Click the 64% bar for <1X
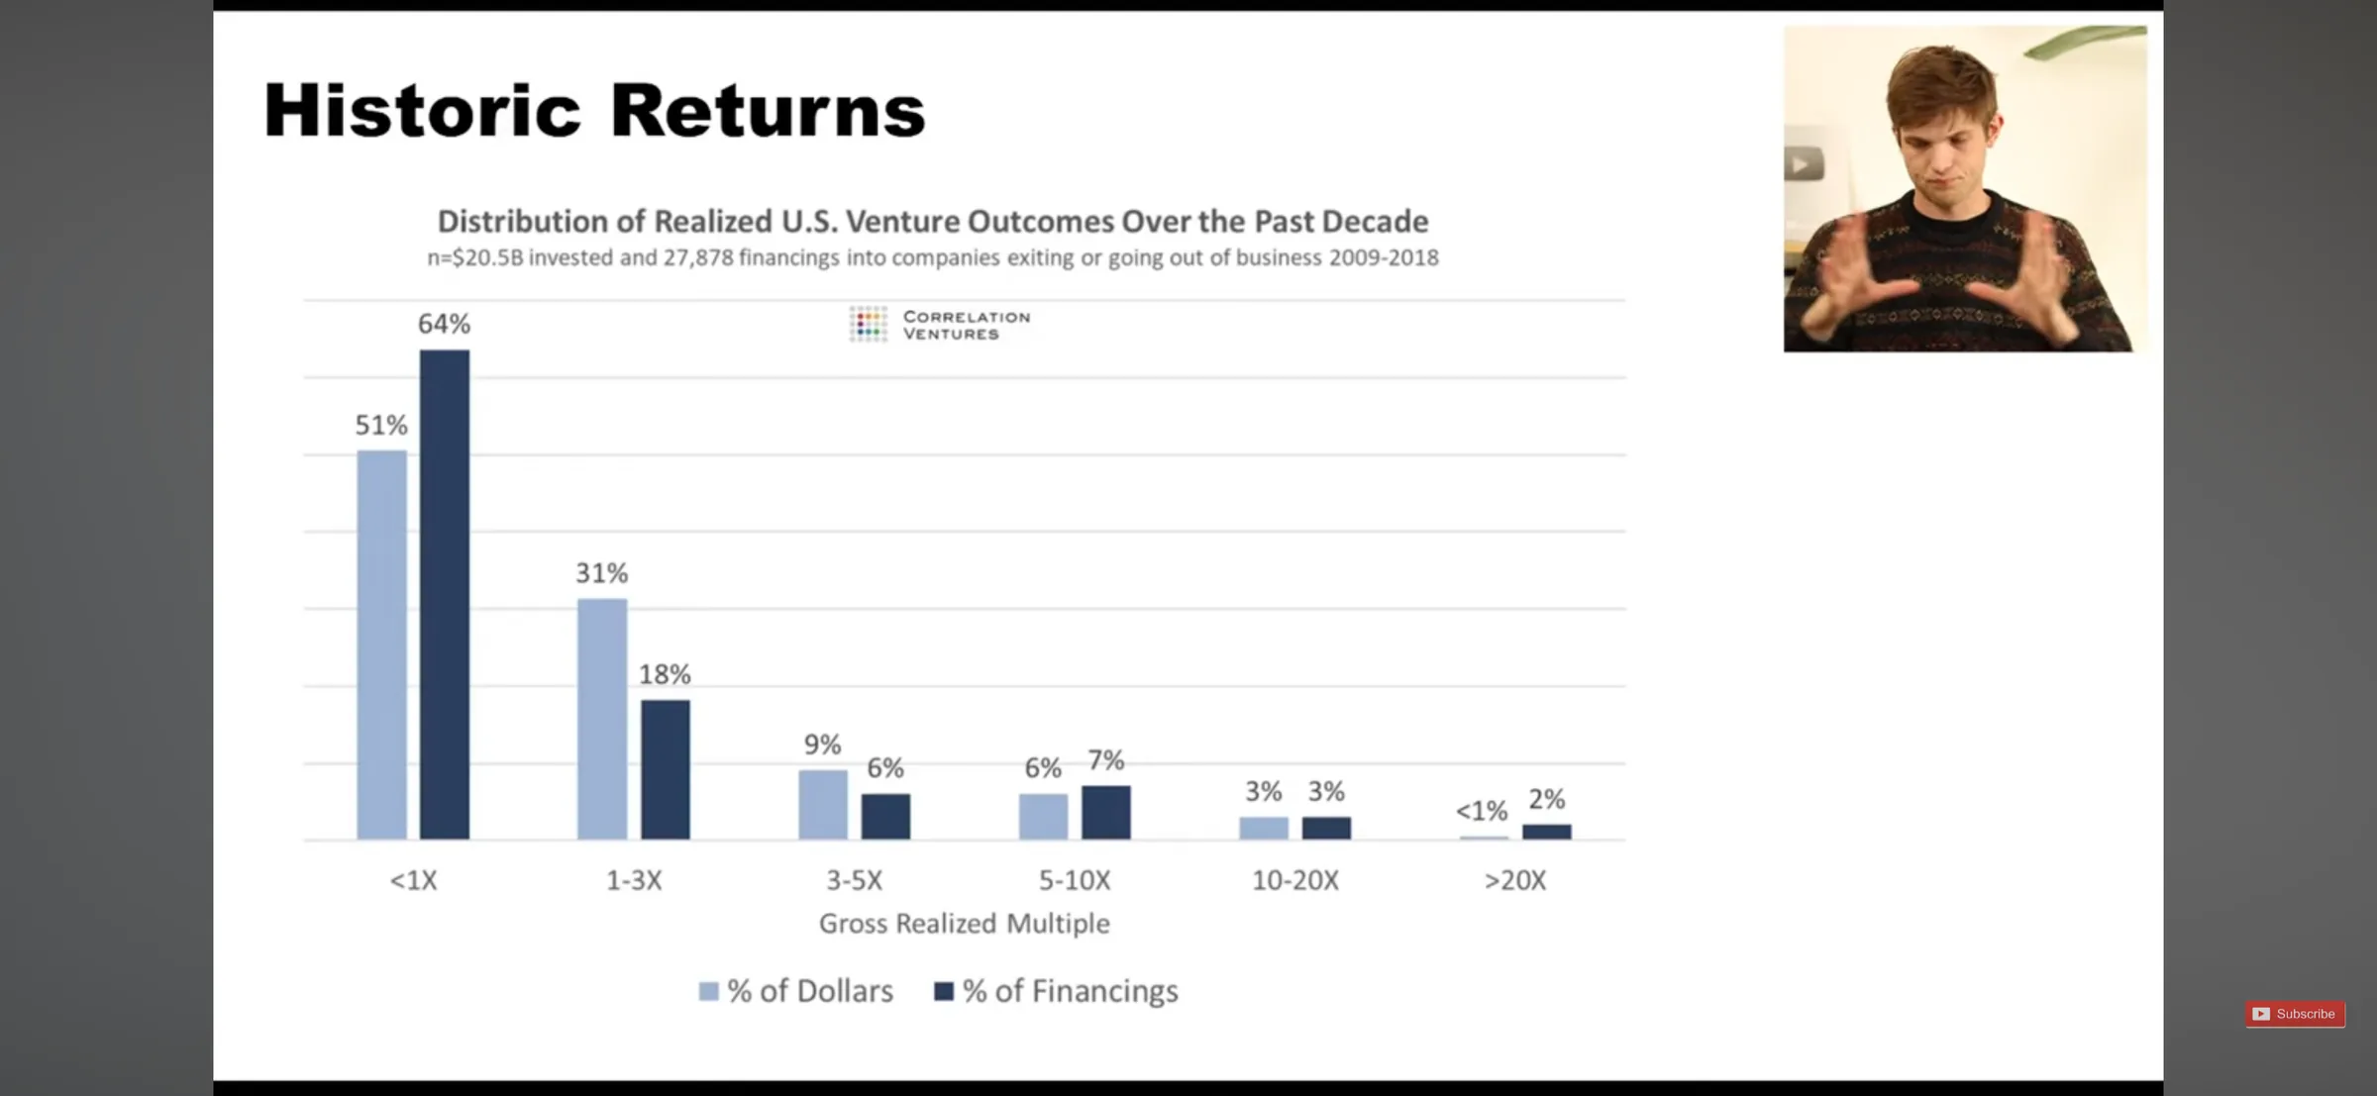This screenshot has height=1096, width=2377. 445,594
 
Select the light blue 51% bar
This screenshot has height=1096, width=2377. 382,645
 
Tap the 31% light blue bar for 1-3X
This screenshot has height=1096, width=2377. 602,719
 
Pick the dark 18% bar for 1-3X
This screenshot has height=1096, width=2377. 666,769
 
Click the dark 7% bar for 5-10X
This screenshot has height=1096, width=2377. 1106,812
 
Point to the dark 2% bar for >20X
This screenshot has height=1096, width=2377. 1547,832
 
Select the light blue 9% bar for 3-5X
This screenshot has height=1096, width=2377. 823,804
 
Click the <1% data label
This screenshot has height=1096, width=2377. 1482,811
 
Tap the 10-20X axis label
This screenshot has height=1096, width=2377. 1295,880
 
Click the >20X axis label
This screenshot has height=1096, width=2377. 1515,880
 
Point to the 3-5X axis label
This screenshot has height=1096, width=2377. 855,880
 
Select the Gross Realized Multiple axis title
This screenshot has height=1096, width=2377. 965,924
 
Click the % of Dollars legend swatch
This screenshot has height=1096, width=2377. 708,991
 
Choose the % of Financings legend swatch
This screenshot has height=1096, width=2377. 944,991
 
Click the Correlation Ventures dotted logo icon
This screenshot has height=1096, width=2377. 869,324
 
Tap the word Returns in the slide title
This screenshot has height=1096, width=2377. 768,110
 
